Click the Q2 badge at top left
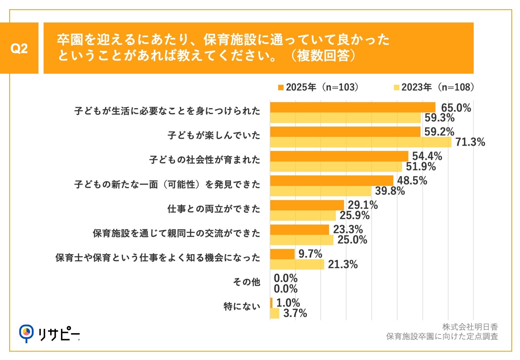click(19, 48)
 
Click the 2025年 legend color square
click(281, 87)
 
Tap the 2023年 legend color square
click(396, 87)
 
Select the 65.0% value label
click(456, 108)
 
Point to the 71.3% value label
click(470, 142)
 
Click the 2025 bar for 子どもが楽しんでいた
click(345, 132)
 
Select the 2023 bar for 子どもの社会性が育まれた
click(336, 167)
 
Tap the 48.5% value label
click(412, 181)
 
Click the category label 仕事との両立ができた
click(214, 209)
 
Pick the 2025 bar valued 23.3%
click(300, 230)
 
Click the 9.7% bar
click(282, 254)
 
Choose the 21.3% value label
click(343, 264)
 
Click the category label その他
click(246, 282)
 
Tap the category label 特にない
click(242, 306)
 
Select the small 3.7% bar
click(275, 313)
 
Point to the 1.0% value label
click(288, 303)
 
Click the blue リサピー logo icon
click(26, 333)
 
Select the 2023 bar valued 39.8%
click(320, 191)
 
